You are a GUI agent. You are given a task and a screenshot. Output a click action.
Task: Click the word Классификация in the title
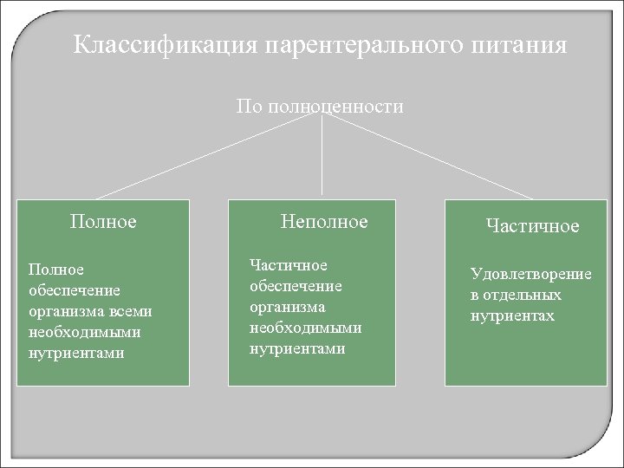coord(165,45)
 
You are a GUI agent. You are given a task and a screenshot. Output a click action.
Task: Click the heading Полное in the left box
coord(103,221)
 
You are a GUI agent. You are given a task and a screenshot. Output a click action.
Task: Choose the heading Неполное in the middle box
coord(324,222)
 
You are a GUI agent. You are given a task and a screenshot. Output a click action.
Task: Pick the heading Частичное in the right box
coord(532,226)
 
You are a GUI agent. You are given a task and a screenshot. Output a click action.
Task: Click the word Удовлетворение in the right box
coord(531,274)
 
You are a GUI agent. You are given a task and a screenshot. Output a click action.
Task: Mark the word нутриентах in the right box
coord(512,315)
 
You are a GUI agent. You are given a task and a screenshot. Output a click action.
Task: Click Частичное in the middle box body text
coord(288,265)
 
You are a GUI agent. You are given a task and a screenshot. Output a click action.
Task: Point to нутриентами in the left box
coord(76,353)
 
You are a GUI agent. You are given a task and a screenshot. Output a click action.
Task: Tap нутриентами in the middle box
coord(297,348)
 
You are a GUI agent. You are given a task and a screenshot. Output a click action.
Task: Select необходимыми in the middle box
coord(305,328)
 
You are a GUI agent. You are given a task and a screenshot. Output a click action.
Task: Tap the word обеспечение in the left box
coord(75,290)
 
